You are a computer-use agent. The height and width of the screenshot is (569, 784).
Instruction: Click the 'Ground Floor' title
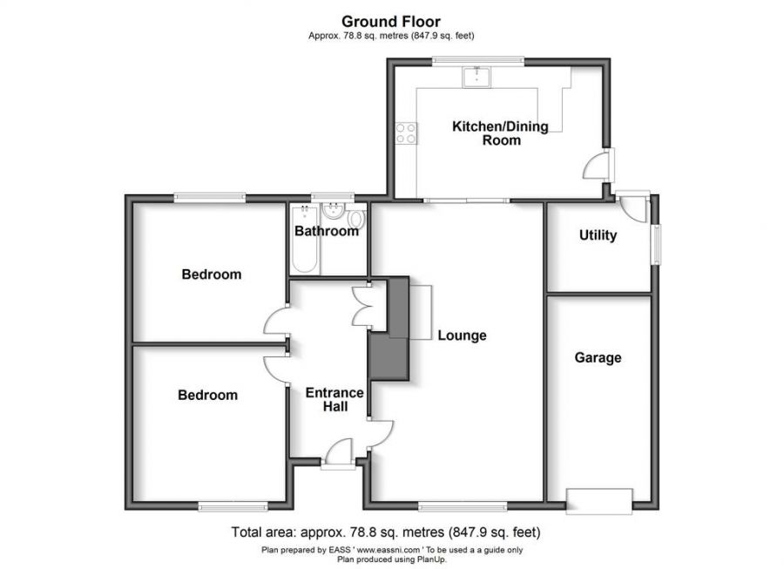pos(390,21)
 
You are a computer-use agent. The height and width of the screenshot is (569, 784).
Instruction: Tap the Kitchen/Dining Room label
pos(500,133)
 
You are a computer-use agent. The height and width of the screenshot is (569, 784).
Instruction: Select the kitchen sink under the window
pos(476,78)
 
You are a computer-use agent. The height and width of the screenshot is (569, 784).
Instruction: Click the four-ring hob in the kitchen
pos(407,132)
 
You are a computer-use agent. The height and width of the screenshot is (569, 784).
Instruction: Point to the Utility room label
pos(598,235)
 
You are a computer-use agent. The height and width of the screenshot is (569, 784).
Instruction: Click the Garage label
pos(598,357)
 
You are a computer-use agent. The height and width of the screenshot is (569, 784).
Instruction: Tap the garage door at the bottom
pos(598,501)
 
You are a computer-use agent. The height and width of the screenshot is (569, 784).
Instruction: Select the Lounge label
pos(462,335)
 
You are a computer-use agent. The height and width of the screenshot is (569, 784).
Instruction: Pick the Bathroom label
pos(327,232)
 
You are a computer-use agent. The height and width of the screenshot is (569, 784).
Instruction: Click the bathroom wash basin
pos(332,212)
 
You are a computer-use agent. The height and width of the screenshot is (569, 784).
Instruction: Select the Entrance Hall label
pos(334,400)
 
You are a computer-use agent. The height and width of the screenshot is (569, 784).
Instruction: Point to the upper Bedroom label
pos(212,274)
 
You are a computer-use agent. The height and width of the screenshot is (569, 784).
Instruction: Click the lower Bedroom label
pos(207,396)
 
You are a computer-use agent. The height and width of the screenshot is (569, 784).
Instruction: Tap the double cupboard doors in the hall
pos(363,308)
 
